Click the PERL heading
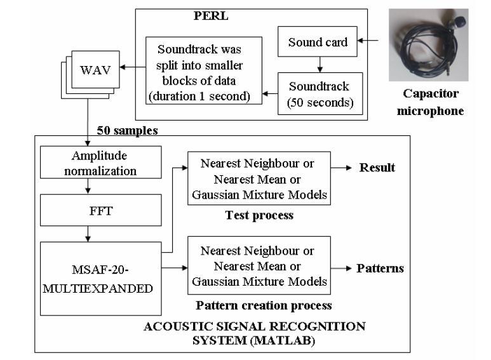(x=210, y=17)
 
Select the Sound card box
(x=318, y=43)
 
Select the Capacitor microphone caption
(x=430, y=102)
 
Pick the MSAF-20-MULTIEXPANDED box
(x=99, y=279)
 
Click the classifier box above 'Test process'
(x=259, y=179)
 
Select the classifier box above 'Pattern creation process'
(x=259, y=265)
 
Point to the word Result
(x=377, y=168)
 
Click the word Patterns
(x=380, y=268)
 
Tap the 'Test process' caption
(x=259, y=215)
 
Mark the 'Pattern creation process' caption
(x=264, y=305)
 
